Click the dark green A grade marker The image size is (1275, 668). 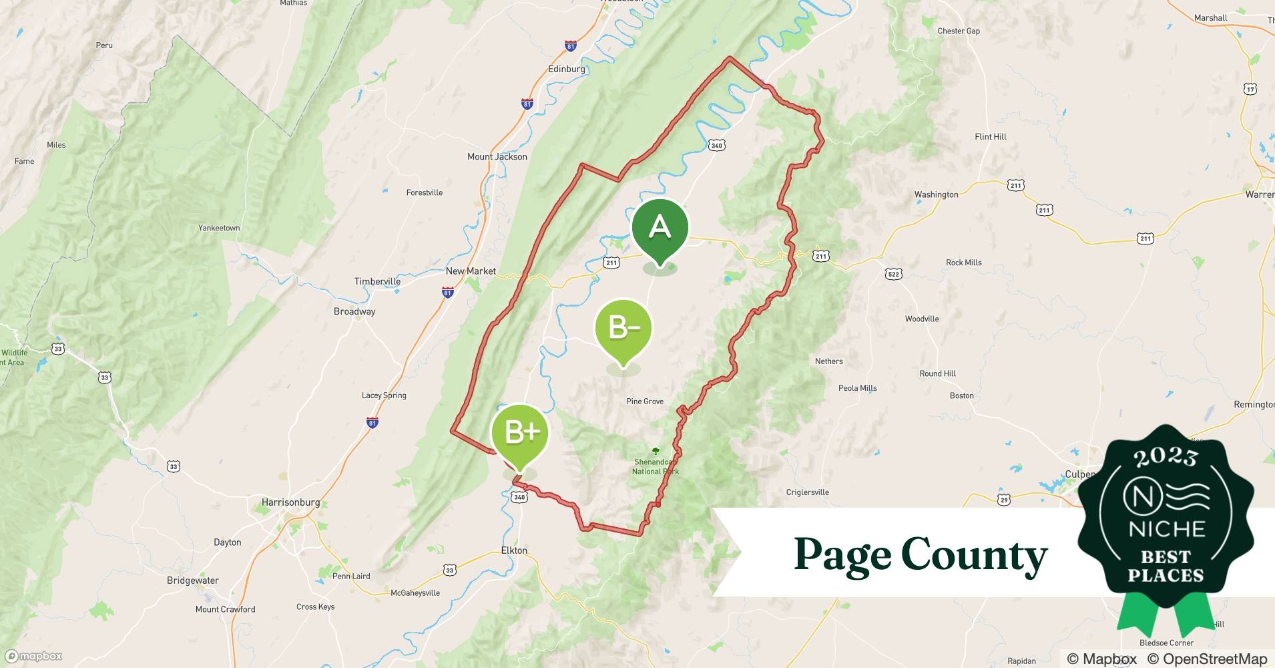pyautogui.click(x=660, y=228)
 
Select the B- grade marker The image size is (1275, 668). pyautogui.click(x=623, y=328)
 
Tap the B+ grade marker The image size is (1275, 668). pyautogui.click(x=520, y=433)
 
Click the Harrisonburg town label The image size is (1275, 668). pyautogui.click(x=290, y=502)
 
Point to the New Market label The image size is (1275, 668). pyautogui.click(x=471, y=271)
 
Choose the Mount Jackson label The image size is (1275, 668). pyautogui.click(x=497, y=157)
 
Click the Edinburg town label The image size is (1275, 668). pyautogui.click(x=566, y=69)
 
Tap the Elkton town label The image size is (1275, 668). pyautogui.click(x=514, y=550)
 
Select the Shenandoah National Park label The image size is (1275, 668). pyautogui.click(x=655, y=466)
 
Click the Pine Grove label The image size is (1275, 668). pyautogui.click(x=645, y=401)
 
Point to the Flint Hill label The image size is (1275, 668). pyautogui.click(x=990, y=137)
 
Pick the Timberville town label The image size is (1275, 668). pyautogui.click(x=377, y=281)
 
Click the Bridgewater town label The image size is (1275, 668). pyautogui.click(x=192, y=580)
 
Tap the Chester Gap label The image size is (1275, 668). pyautogui.click(x=959, y=31)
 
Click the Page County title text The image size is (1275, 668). pyautogui.click(x=921, y=554)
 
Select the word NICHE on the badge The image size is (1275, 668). pyautogui.click(x=1166, y=529)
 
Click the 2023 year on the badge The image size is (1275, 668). pyautogui.click(x=1166, y=457)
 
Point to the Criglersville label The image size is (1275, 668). pyautogui.click(x=807, y=492)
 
